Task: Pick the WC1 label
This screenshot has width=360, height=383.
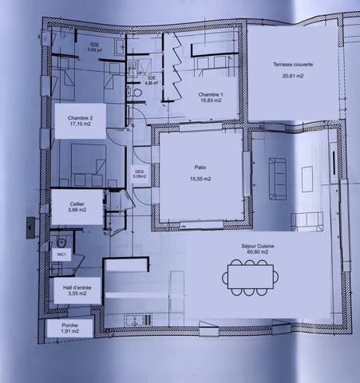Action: [61, 254]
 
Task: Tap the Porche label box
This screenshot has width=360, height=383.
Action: [69, 327]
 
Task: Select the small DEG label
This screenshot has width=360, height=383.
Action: [139, 173]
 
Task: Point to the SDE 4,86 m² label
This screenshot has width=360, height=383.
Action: [151, 80]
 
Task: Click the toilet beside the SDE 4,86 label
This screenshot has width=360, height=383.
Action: [137, 93]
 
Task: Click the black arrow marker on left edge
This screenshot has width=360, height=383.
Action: [30, 227]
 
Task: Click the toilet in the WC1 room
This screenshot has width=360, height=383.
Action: [61, 242]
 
